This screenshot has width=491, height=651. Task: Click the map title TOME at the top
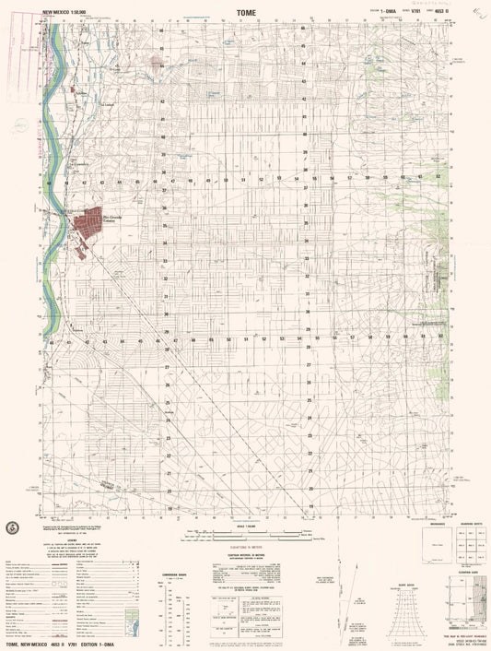244,13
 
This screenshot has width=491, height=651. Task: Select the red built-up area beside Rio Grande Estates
89,222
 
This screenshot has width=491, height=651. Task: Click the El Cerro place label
116,66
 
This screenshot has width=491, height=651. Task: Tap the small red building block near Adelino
73,89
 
